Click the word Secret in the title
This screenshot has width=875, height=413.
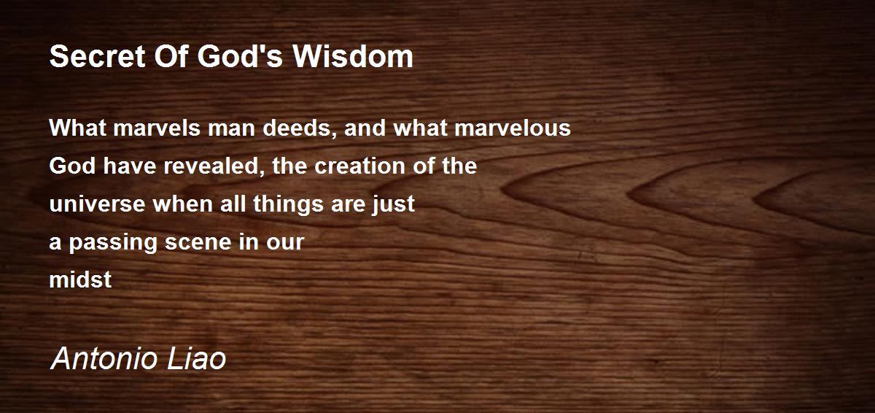(97, 57)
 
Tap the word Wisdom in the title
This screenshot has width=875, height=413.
(353, 57)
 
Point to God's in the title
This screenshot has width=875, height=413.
(240, 57)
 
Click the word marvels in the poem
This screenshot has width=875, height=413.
(157, 128)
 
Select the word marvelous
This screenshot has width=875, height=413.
(513, 128)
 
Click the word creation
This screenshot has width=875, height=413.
(360, 166)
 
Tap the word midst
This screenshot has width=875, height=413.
(80, 279)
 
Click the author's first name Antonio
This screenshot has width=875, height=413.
(105, 359)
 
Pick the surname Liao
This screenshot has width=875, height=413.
(196, 359)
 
